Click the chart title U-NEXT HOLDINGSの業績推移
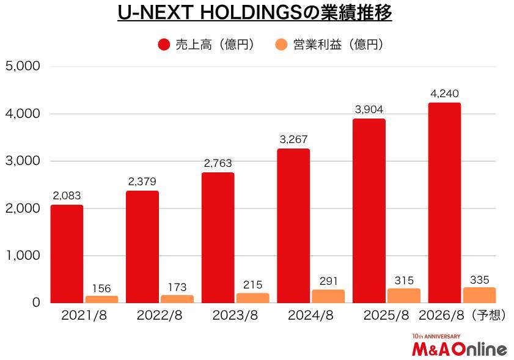[x=254, y=13]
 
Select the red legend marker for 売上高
[x=164, y=45]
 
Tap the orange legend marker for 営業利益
[x=282, y=45]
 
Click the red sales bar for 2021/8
[x=67, y=254]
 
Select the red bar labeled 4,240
[x=444, y=202]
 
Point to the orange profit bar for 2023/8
[x=252, y=298]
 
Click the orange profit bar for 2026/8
[x=479, y=295]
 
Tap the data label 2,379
[x=142, y=182]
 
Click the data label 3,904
[x=369, y=109]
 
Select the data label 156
[x=101, y=288]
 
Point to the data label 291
[x=328, y=281]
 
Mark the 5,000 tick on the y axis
[x=23, y=66]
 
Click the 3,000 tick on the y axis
[x=23, y=161]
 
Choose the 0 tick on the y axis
[x=35, y=303]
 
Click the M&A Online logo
[x=459, y=350]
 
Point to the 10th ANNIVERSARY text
[x=436, y=336]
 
